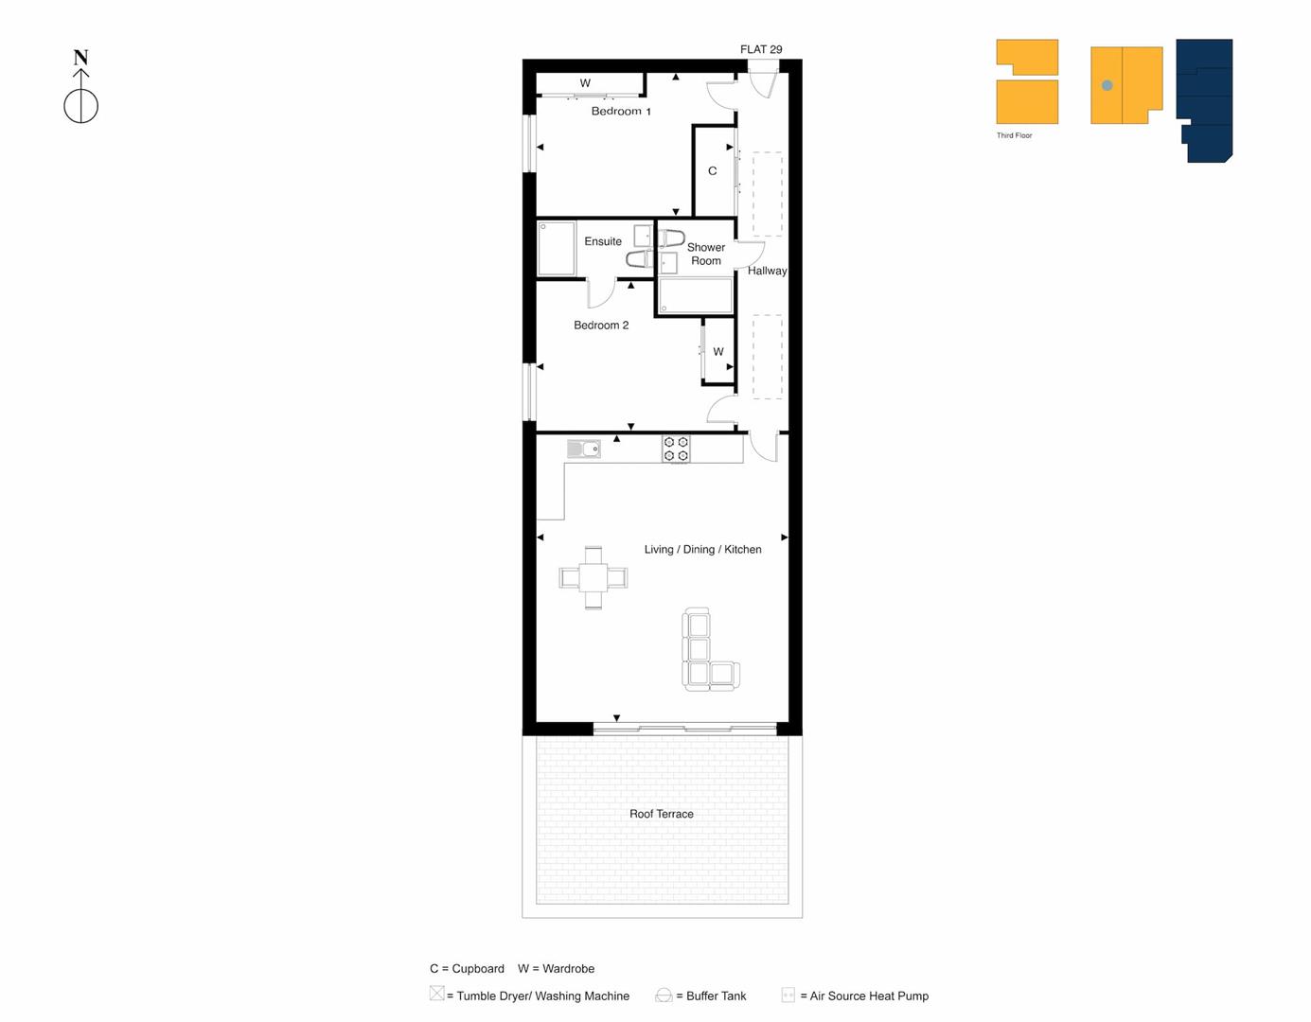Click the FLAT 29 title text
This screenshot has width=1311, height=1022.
point(761,49)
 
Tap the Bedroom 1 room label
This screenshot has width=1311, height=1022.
point(621,112)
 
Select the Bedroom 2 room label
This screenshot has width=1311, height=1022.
point(601,326)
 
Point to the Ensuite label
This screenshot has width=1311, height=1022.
point(603,241)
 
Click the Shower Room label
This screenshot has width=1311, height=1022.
point(706,254)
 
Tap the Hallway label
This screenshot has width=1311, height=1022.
point(767,271)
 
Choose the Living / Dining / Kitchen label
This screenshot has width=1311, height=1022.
point(702,549)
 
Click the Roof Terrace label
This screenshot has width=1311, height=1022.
point(662,814)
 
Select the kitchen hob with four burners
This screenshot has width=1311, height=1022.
point(676,449)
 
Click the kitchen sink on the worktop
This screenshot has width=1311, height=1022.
point(584,449)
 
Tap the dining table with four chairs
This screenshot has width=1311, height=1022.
point(593,576)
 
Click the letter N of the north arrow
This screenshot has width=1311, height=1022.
point(81,58)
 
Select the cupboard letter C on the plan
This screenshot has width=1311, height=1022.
point(713,171)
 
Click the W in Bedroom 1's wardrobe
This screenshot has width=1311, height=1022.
point(585,83)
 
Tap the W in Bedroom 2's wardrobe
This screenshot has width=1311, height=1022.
point(718,352)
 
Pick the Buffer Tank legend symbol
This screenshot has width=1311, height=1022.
point(664,996)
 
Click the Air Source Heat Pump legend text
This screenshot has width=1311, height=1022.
point(869,996)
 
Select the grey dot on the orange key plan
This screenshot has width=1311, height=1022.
point(1107,86)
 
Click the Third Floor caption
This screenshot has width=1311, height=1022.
point(1014,135)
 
